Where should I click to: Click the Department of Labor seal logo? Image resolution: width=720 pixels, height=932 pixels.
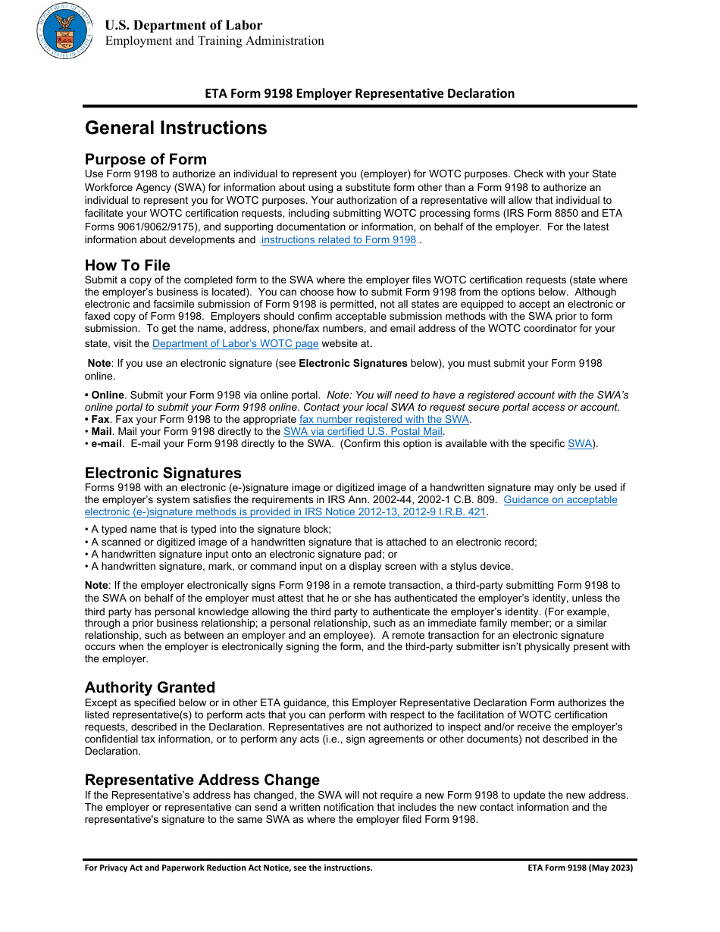(64, 32)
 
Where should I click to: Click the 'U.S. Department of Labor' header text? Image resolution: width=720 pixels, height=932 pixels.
(183, 25)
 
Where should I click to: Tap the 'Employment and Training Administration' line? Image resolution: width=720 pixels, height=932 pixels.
(214, 41)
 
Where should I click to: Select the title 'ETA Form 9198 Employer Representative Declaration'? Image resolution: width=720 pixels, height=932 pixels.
(359, 93)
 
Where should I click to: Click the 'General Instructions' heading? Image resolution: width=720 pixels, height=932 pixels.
(176, 128)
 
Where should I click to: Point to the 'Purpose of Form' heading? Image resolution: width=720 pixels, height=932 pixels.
(146, 159)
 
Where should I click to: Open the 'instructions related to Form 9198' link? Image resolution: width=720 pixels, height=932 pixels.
(338, 240)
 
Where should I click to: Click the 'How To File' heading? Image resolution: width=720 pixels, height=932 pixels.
(127, 265)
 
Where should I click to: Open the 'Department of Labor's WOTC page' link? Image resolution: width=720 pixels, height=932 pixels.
(235, 343)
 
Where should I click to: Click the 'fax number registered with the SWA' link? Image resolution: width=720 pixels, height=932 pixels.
(384, 419)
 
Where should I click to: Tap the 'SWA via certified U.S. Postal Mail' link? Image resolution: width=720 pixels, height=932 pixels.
(362, 431)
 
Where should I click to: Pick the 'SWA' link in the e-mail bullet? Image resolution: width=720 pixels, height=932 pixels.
(579, 443)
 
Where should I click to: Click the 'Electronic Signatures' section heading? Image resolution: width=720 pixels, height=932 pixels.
(163, 474)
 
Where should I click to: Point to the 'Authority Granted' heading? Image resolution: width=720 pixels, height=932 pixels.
(150, 687)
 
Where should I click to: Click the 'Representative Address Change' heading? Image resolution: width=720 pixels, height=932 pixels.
(202, 780)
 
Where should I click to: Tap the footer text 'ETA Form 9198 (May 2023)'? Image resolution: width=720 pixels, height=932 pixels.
(580, 868)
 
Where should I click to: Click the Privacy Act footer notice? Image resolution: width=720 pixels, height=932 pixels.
(228, 868)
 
